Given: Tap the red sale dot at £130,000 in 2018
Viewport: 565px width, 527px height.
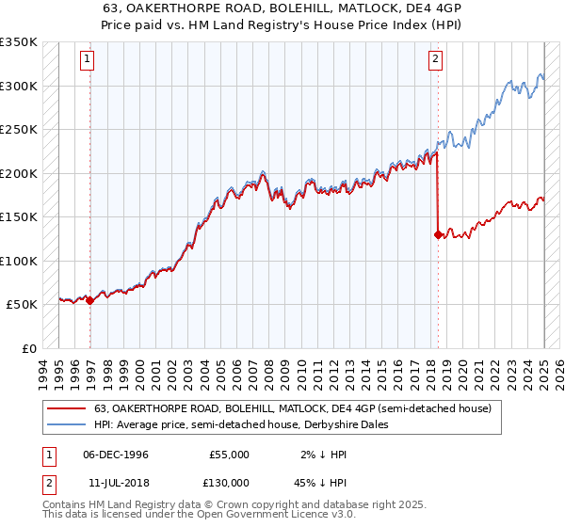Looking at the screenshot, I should [438, 234].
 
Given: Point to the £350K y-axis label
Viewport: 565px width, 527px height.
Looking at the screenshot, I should [19, 42].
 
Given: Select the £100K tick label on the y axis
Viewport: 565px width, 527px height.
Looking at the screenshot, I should [19, 261].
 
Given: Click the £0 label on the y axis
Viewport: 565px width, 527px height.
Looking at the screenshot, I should [28, 348].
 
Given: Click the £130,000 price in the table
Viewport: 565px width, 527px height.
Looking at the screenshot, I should [229, 482].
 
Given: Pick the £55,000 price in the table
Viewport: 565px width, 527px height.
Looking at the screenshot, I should [229, 455].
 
